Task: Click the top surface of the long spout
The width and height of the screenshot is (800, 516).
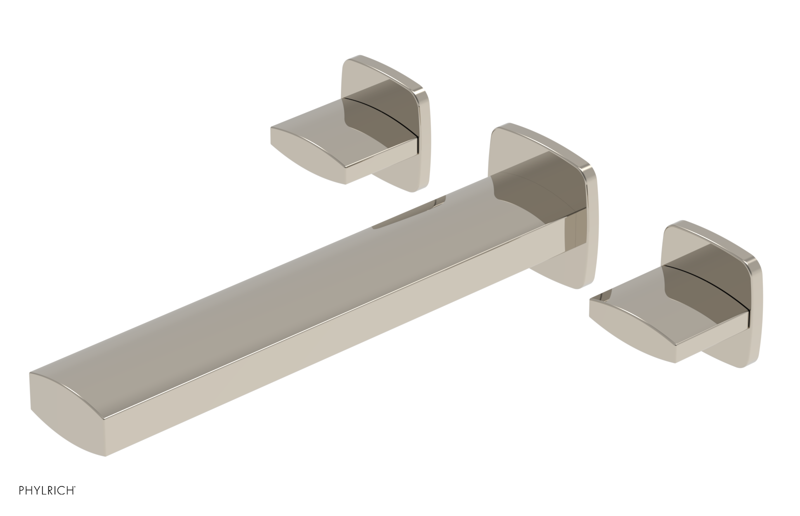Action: click(x=300, y=280)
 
